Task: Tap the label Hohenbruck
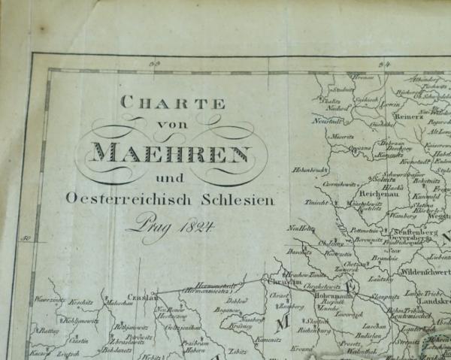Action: coord(309,170)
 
